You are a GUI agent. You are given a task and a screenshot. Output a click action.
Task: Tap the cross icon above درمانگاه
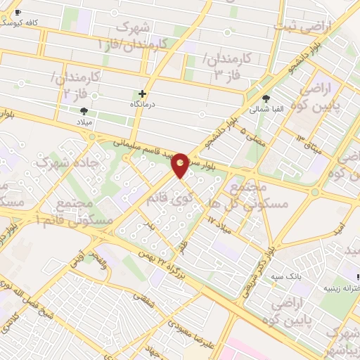coord(143,93)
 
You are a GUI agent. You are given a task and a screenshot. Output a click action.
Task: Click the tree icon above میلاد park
coord(84,111)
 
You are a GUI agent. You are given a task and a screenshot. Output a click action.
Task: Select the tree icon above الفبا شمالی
coord(266,98)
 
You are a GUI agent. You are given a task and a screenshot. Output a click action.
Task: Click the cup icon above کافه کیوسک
coord(18,13)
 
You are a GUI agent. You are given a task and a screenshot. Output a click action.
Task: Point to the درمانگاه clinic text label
coord(143,104)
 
